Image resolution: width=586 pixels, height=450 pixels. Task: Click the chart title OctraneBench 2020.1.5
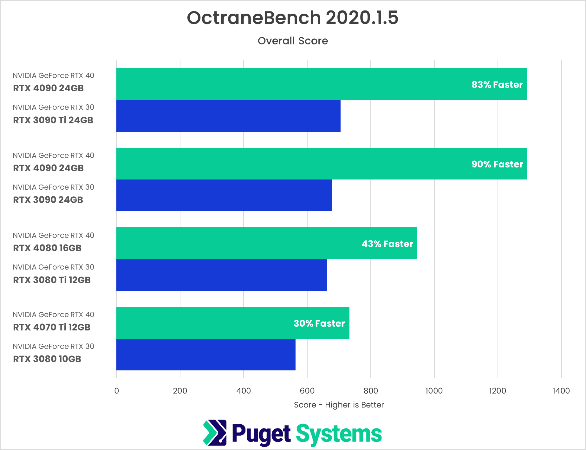[292, 18]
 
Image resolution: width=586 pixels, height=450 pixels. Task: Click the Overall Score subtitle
[293, 41]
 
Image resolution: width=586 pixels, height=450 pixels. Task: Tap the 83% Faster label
[497, 85]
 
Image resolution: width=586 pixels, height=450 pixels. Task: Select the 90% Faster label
[497, 164]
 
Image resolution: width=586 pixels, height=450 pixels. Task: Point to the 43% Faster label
[387, 244]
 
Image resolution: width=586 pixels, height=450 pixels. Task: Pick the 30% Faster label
[319, 323]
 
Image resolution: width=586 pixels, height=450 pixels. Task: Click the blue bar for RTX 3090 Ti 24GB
[228, 116]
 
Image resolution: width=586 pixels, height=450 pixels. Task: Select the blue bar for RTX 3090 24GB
[224, 195]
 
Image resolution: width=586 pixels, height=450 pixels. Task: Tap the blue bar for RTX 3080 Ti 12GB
[221, 275]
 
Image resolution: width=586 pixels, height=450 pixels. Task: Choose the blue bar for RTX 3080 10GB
[206, 355]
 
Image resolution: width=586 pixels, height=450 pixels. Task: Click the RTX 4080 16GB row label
[47, 248]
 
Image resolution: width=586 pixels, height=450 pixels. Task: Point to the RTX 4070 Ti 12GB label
[52, 327]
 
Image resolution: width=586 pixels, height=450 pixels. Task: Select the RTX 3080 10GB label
[47, 359]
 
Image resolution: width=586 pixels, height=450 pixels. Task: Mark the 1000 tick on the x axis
[434, 391]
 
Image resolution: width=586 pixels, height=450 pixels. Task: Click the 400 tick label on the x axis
[244, 391]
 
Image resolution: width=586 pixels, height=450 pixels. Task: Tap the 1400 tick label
[561, 391]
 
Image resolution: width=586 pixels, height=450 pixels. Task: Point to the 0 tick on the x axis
[116, 391]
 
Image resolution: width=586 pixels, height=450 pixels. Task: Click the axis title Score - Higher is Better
[339, 405]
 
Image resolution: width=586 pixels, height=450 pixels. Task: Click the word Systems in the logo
[339, 434]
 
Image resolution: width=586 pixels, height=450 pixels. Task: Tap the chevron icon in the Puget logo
[215, 433]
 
